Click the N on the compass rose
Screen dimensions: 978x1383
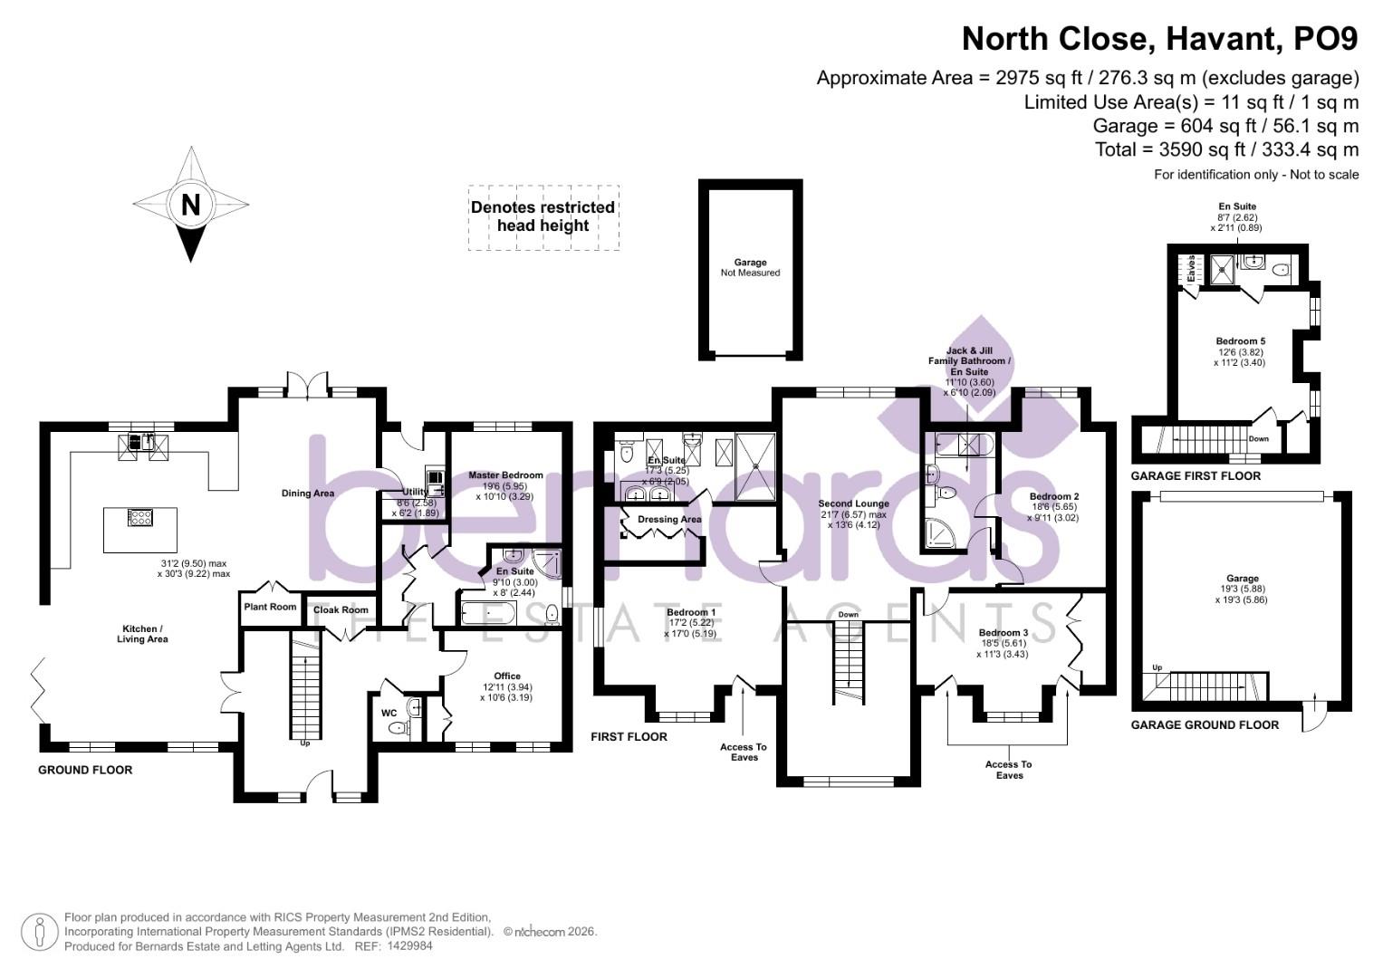(x=190, y=205)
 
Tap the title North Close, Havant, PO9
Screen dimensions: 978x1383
(x=1159, y=40)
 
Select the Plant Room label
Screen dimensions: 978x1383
(x=270, y=607)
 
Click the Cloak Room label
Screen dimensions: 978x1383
(x=341, y=609)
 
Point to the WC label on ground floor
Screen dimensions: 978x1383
(x=389, y=714)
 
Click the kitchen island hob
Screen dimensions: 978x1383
(x=140, y=518)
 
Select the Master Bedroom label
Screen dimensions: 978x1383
(x=505, y=475)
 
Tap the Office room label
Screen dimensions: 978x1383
(x=507, y=676)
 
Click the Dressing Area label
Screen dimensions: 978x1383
(x=669, y=519)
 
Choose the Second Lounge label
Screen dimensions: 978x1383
(x=853, y=503)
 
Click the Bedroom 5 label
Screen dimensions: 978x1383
(x=1240, y=341)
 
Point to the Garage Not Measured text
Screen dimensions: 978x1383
(x=750, y=267)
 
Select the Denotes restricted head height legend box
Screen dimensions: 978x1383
(x=543, y=217)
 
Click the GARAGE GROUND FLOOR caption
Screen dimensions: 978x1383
(x=1205, y=724)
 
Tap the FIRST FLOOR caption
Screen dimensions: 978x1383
(x=629, y=737)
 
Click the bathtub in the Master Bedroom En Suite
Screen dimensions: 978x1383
(x=488, y=615)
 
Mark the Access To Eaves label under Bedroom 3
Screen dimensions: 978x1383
(x=1008, y=770)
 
